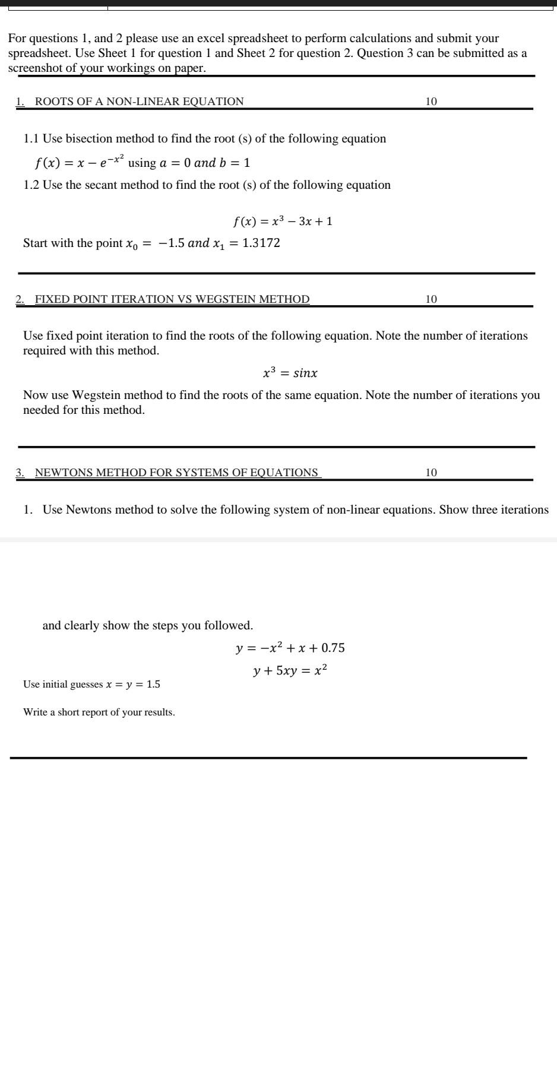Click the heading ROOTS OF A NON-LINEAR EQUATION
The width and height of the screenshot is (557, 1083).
pos(139,102)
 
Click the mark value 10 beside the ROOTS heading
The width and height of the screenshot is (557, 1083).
pos(431,102)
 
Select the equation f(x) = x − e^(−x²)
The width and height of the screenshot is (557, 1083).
pos(80,161)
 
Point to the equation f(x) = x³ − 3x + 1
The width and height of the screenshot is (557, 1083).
pos(283,221)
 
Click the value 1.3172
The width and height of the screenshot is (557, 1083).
pos(261,243)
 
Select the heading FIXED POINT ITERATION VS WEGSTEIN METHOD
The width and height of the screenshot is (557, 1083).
pos(172,299)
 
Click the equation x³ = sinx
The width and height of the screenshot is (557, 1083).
pos(290,373)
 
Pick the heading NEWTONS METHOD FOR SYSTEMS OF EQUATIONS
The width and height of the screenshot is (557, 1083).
pos(176,473)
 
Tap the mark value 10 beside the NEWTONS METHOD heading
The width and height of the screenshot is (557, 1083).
pos(431,473)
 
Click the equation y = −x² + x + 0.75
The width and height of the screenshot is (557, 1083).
pos(290,648)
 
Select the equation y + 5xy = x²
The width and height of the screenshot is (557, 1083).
pos(290,671)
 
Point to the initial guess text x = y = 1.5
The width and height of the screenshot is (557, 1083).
pos(133,684)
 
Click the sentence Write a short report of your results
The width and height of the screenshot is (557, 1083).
pos(99,712)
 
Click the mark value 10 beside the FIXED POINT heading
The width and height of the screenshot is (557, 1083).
pos(431,299)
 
